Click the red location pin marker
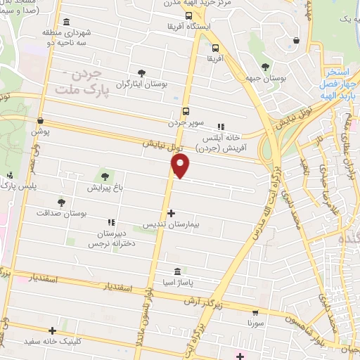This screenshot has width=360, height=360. coord(181,165)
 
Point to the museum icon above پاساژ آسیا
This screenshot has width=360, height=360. coord(176,271)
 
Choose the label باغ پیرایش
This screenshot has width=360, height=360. coord(105,188)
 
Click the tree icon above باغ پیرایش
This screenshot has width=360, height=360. coord(105,176)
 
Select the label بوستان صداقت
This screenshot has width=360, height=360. coord(61,213)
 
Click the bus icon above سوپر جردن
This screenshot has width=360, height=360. coord(186,110)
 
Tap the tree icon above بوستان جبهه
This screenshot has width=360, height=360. coord(264,67)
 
